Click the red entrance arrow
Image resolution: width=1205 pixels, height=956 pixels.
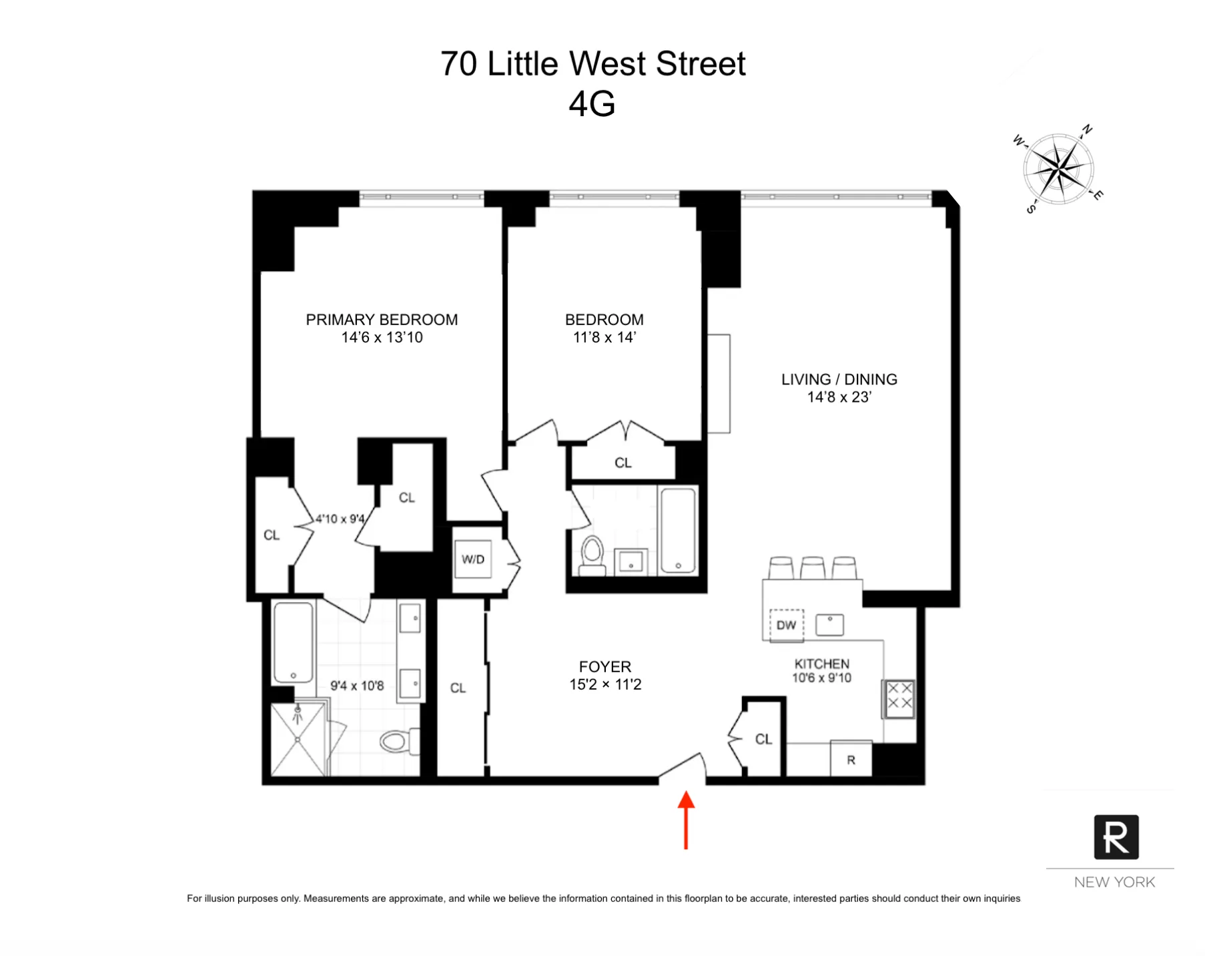[686, 819]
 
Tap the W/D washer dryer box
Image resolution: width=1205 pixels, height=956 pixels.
[473, 559]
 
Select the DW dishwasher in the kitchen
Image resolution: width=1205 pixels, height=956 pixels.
[786, 626]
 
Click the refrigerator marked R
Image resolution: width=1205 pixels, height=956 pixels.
[851, 760]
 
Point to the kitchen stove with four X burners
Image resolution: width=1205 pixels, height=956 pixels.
[899, 698]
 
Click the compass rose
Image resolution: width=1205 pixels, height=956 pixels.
[1058, 170]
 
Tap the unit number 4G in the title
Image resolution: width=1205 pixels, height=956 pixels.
[592, 104]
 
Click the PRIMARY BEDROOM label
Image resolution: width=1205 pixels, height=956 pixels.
[382, 320]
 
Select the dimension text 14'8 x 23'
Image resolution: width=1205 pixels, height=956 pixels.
[839, 397]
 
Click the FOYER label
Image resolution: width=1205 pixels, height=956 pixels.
[605, 666]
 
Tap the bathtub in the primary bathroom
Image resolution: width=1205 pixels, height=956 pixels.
[294, 642]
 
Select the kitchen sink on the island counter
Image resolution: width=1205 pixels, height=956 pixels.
[829, 625]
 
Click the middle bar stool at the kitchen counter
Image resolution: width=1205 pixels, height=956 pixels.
[813, 567]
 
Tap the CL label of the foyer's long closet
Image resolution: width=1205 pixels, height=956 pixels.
[458, 688]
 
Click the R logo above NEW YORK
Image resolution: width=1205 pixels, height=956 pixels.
[1116, 837]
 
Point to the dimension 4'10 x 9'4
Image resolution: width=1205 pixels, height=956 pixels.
[340, 519]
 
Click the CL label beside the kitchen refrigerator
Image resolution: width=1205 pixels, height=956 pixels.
[763, 739]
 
